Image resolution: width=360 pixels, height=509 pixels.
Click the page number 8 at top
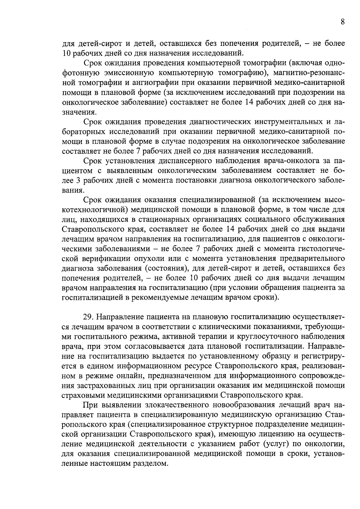point(342,22)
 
